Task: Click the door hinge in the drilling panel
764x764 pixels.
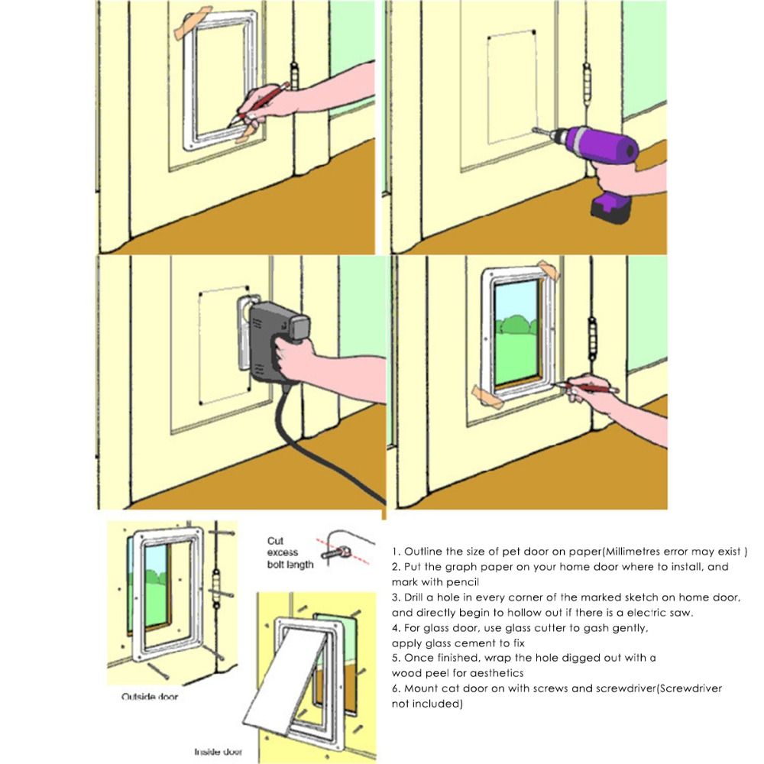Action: pyautogui.click(x=587, y=84)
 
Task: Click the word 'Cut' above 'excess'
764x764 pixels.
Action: pyautogui.click(x=276, y=541)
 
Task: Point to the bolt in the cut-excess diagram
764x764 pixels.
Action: pyautogui.click(x=334, y=549)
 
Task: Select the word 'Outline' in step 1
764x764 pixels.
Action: pyautogui.click(x=422, y=551)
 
